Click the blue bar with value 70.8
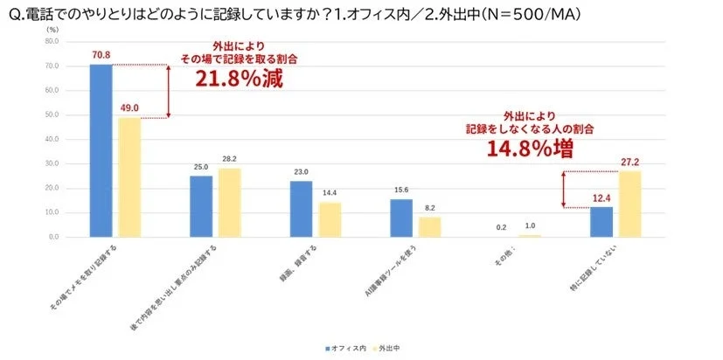tap(101, 150)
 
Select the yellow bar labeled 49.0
tap(129, 177)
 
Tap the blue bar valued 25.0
tap(201, 206)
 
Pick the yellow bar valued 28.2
tap(230, 203)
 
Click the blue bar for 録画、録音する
tap(302, 209)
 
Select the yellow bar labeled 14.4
tap(330, 219)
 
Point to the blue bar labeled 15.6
tap(401, 218)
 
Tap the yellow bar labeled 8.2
tap(430, 227)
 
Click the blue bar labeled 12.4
tap(601, 222)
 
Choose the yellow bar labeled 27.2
tap(629, 204)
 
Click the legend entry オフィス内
tap(347, 348)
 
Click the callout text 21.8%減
tap(239, 78)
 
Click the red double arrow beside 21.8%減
tap(168, 91)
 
